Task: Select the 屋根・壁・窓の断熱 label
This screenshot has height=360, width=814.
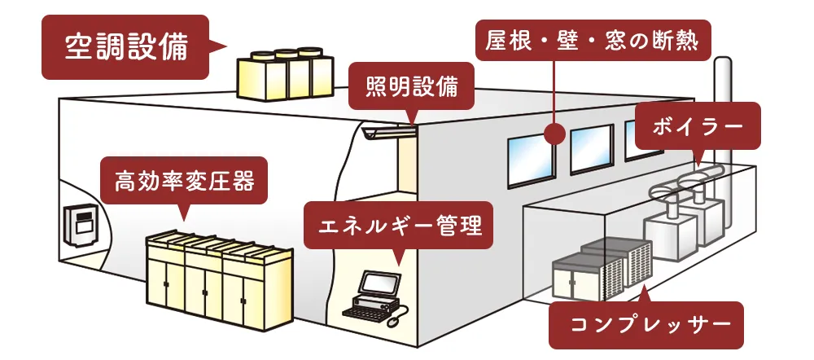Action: (592, 40)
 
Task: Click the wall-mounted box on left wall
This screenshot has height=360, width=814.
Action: (80, 225)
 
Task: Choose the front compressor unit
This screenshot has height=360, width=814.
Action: (580, 272)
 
